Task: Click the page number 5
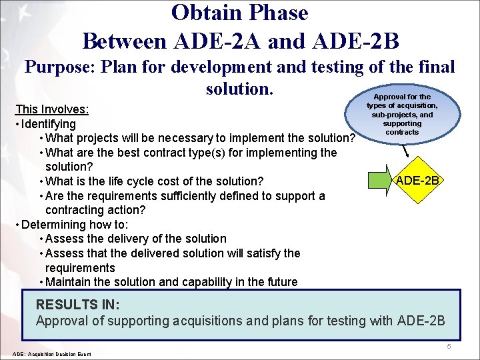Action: click(449, 347)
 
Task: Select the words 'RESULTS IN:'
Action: click(77, 304)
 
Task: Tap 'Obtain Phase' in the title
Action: click(239, 13)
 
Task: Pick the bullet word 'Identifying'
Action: click(49, 124)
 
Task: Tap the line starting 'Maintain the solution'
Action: click(171, 282)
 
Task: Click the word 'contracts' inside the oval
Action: click(402, 132)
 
